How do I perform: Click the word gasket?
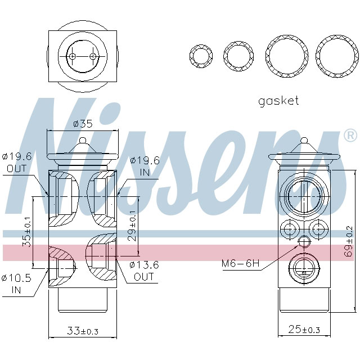coord(278,101)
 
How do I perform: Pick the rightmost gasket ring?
coord(337,56)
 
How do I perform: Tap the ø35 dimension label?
coord(83,124)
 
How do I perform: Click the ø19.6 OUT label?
coord(16,162)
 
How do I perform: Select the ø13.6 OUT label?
coord(144,271)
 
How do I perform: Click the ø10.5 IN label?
coord(16,283)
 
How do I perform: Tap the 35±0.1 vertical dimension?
coord(25,232)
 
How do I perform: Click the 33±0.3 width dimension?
coord(82,331)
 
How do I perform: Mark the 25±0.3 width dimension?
coord(303,329)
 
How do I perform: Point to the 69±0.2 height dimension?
coord(349,239)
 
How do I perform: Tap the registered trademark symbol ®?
coord(349,136)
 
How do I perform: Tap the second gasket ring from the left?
coord(238,56)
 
